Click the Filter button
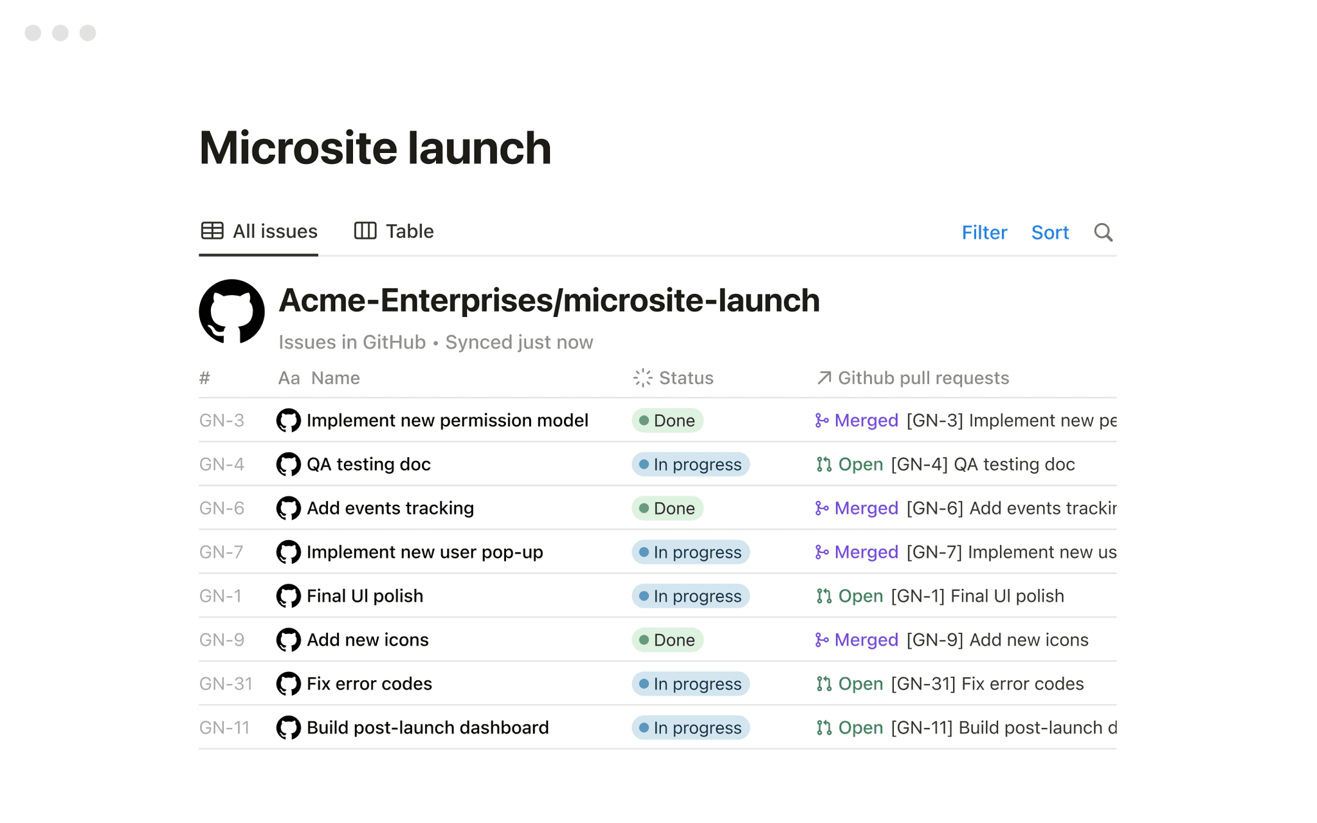(984, 232)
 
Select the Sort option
(1049, 232)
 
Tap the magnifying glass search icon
(1104, 232)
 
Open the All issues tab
(259, 231)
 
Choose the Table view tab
(394, 231)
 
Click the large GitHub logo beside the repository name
(232, 312)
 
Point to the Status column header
(673, 378)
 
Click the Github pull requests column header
(913, 378)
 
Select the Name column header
(319, 378)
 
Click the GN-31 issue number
(226, 683)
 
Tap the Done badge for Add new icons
(668, 640)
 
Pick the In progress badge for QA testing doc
(691, 464)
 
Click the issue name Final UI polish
(365, 596)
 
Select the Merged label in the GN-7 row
(866, 552)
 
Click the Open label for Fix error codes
(860, 683)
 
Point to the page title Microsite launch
(375, 148)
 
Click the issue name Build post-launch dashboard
(428, 727)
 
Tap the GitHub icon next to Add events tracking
(288, 508)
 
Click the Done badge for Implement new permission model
(668, 421)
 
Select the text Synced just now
(519, 342)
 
